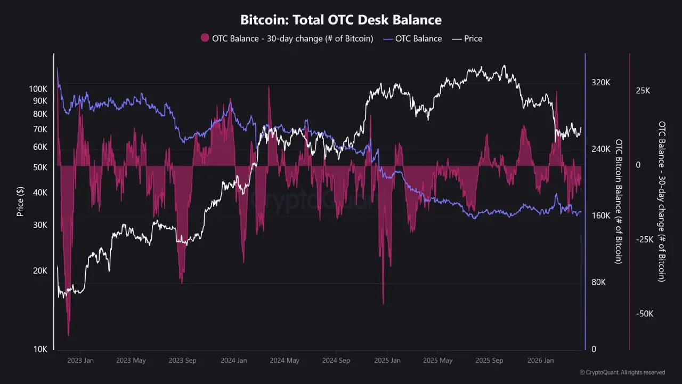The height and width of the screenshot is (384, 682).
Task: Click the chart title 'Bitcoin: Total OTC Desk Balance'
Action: [x=341, y=20]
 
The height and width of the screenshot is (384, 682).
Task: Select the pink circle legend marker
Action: [x=205, y=38]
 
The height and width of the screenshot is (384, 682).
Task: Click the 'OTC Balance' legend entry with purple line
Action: [x=412, y=38]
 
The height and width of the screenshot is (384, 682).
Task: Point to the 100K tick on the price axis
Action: [x=38, y=89]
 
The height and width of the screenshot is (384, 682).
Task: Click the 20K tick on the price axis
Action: [x=40, y=270]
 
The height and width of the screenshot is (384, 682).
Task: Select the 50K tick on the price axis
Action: [x=40, y=167]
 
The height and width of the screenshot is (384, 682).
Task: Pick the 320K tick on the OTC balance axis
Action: [x=600, y=83]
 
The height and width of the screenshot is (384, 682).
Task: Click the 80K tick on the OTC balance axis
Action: [x=598, y=283]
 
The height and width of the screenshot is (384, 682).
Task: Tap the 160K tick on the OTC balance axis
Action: [x=600, y=216]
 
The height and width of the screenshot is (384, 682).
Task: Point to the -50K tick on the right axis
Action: [x=645, y=314]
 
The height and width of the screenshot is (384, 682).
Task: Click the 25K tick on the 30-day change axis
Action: [x=643, y=91]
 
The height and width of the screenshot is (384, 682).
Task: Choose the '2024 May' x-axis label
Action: [x=285, y=361]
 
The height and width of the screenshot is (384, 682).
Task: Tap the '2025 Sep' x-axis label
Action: [x=489, y=361]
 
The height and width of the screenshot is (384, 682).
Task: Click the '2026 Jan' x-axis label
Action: [x=540, y=361]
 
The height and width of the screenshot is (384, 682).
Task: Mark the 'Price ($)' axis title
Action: [x=20, y=201]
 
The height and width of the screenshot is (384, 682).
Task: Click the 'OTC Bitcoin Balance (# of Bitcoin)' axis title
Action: [x=619, y=202]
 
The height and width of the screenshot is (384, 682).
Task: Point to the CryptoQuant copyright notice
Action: [x=622, y=372]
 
